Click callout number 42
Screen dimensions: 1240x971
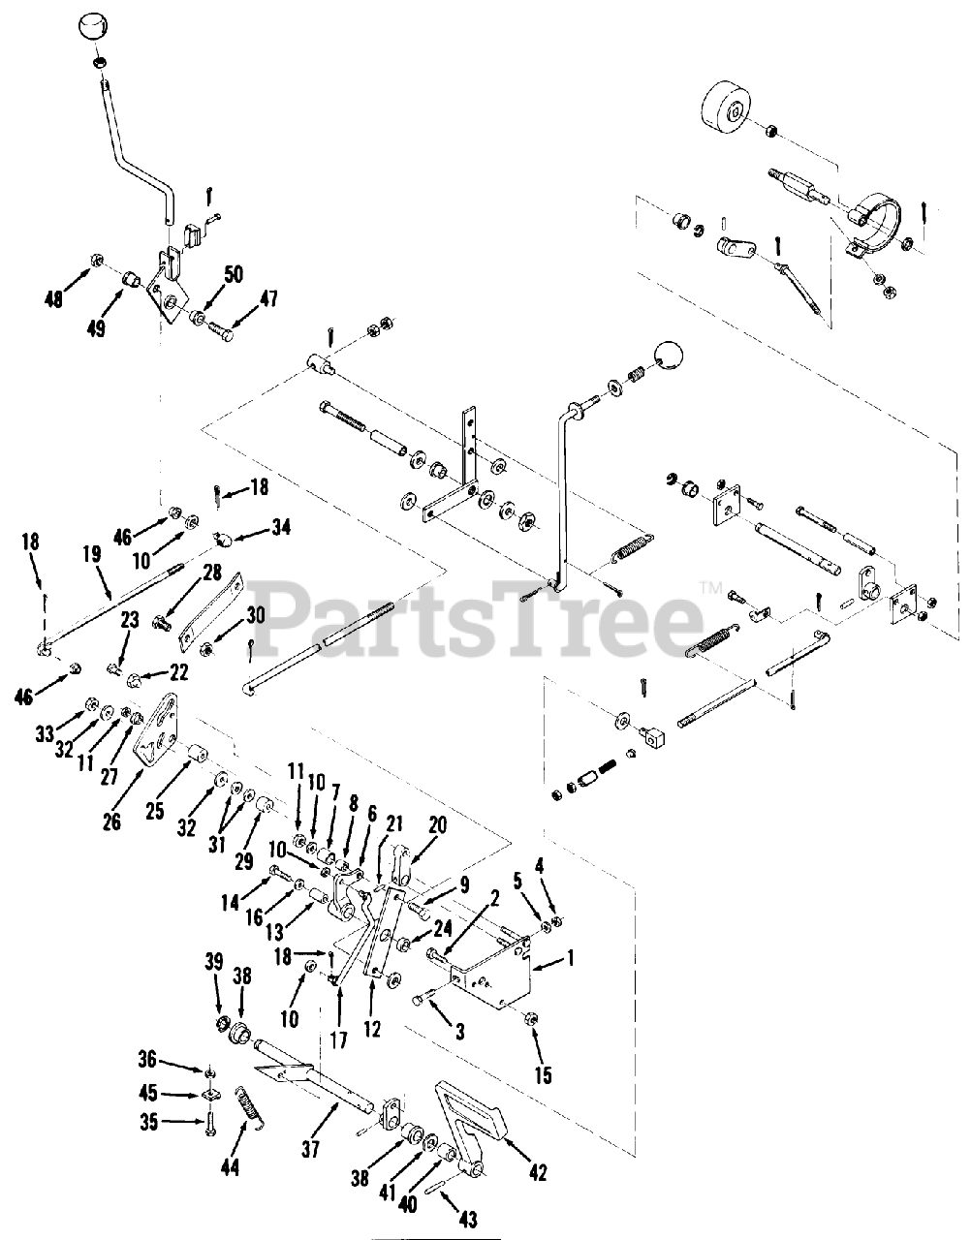(x=538, y=1173)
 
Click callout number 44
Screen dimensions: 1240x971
(x=230, y=1168)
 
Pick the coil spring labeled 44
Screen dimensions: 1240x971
(x=251, y=1107)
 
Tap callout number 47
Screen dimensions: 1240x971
(x=266, y=299)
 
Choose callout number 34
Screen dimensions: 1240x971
(x=281, y=527)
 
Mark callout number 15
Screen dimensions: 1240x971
(x=544, y=1075)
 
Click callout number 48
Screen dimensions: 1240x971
(x=54, y=299)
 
